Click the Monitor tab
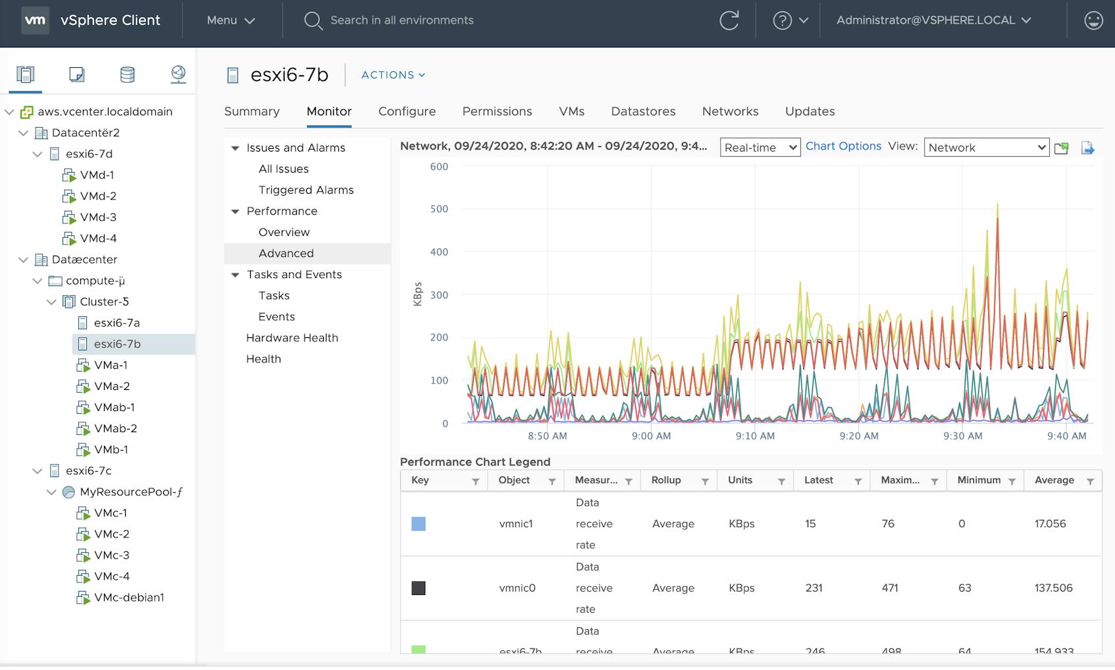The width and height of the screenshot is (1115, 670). click(x=329, y=111)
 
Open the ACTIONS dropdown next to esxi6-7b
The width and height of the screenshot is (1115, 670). click(x=393, y=75)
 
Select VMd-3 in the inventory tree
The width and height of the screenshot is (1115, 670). click(x=98, y=217)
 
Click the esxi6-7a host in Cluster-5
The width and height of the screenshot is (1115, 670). click(x=117, y=323)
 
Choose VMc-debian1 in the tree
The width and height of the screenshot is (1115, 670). click(x=129, y=598)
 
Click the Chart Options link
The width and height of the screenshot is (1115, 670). click(x=843, y=146)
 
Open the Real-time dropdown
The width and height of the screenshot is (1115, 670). click(x=760, y=148)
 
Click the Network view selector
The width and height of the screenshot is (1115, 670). click(x=986, y=148)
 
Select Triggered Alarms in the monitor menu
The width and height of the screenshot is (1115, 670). click(x=306, y=190)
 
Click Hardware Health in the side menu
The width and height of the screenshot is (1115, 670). click(x=292, y=338)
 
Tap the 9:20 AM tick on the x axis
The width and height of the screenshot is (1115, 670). click(x=859, y=436)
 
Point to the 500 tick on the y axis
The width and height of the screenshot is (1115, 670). click(x=439, y=209)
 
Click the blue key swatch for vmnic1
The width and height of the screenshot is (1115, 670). click(x=419, y=524)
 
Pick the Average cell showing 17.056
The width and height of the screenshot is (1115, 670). click(x=1050, y=524)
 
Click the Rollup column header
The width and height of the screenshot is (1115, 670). click(x=666, y=480)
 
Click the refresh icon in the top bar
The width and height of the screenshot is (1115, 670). click(x=729, y=20)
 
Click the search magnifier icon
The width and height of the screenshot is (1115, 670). click(x=313, y=20)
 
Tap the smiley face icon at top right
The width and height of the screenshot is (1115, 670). click(x=1093, y=20)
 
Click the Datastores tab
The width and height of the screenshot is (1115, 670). click(x=643, y=111)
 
